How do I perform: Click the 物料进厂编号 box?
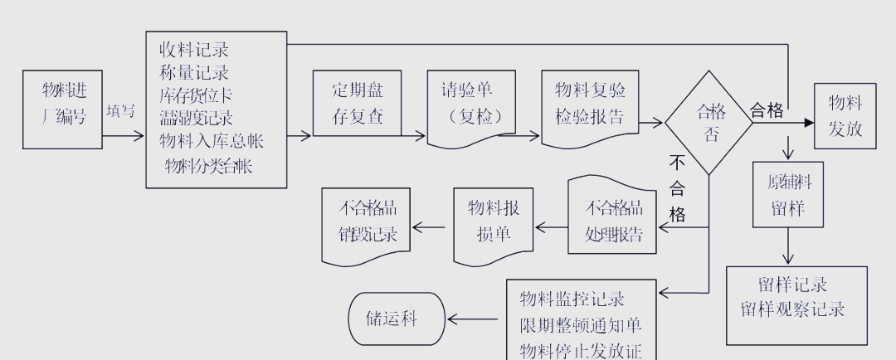click(x=63, y=109)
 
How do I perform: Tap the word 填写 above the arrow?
click(x=121, y=111)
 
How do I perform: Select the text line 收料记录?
click(x=195, y=51)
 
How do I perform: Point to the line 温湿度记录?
click(x=197, y=118)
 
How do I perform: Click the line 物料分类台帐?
click(x=208, y=166)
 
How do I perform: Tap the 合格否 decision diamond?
click(x=709, y=122)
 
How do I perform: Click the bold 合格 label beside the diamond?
click(x=767, y=111)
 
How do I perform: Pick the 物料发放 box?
click(x=845, y=115)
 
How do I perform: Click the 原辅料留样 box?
click(x=787, y=194)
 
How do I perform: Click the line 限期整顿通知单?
click(x=581, y=325)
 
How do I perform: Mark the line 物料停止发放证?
click(x=581, y=350)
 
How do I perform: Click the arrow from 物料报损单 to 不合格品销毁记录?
click(x=432, y=226)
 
